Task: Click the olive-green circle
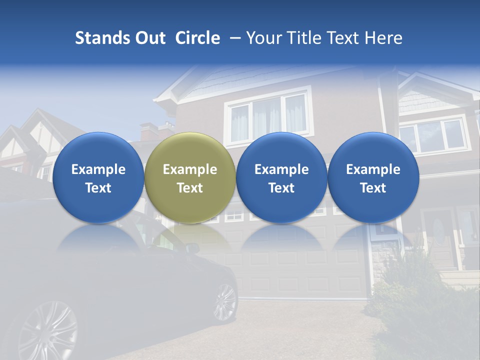click(x=190, y=177)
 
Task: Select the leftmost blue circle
click(x=98, y=177)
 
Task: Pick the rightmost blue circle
click(x=373, y=177)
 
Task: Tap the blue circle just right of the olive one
click(x=281, y=177)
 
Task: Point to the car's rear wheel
click(x=224, y=302)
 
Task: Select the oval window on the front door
click(x=438, y=232)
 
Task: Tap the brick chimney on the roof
click(x=148, y=132)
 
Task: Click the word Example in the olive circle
click(x=190, y=169)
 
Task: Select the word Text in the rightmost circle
click(x=373, y=188)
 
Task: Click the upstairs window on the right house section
click(x=433, y=136)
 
